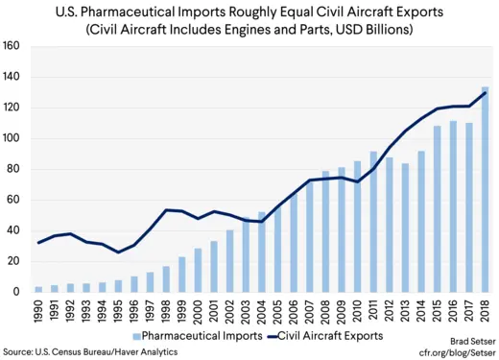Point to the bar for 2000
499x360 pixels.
pos(199,270)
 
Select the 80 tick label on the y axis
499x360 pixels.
pos(14,169)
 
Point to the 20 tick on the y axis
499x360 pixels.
pos(14,261)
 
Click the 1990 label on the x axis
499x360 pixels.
pos(39,311)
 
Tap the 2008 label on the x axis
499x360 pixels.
pos(325,311)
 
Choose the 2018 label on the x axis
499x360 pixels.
pos(484,311)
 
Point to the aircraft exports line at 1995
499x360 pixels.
pos(119,252)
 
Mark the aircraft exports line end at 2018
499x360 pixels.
pos(484,91)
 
